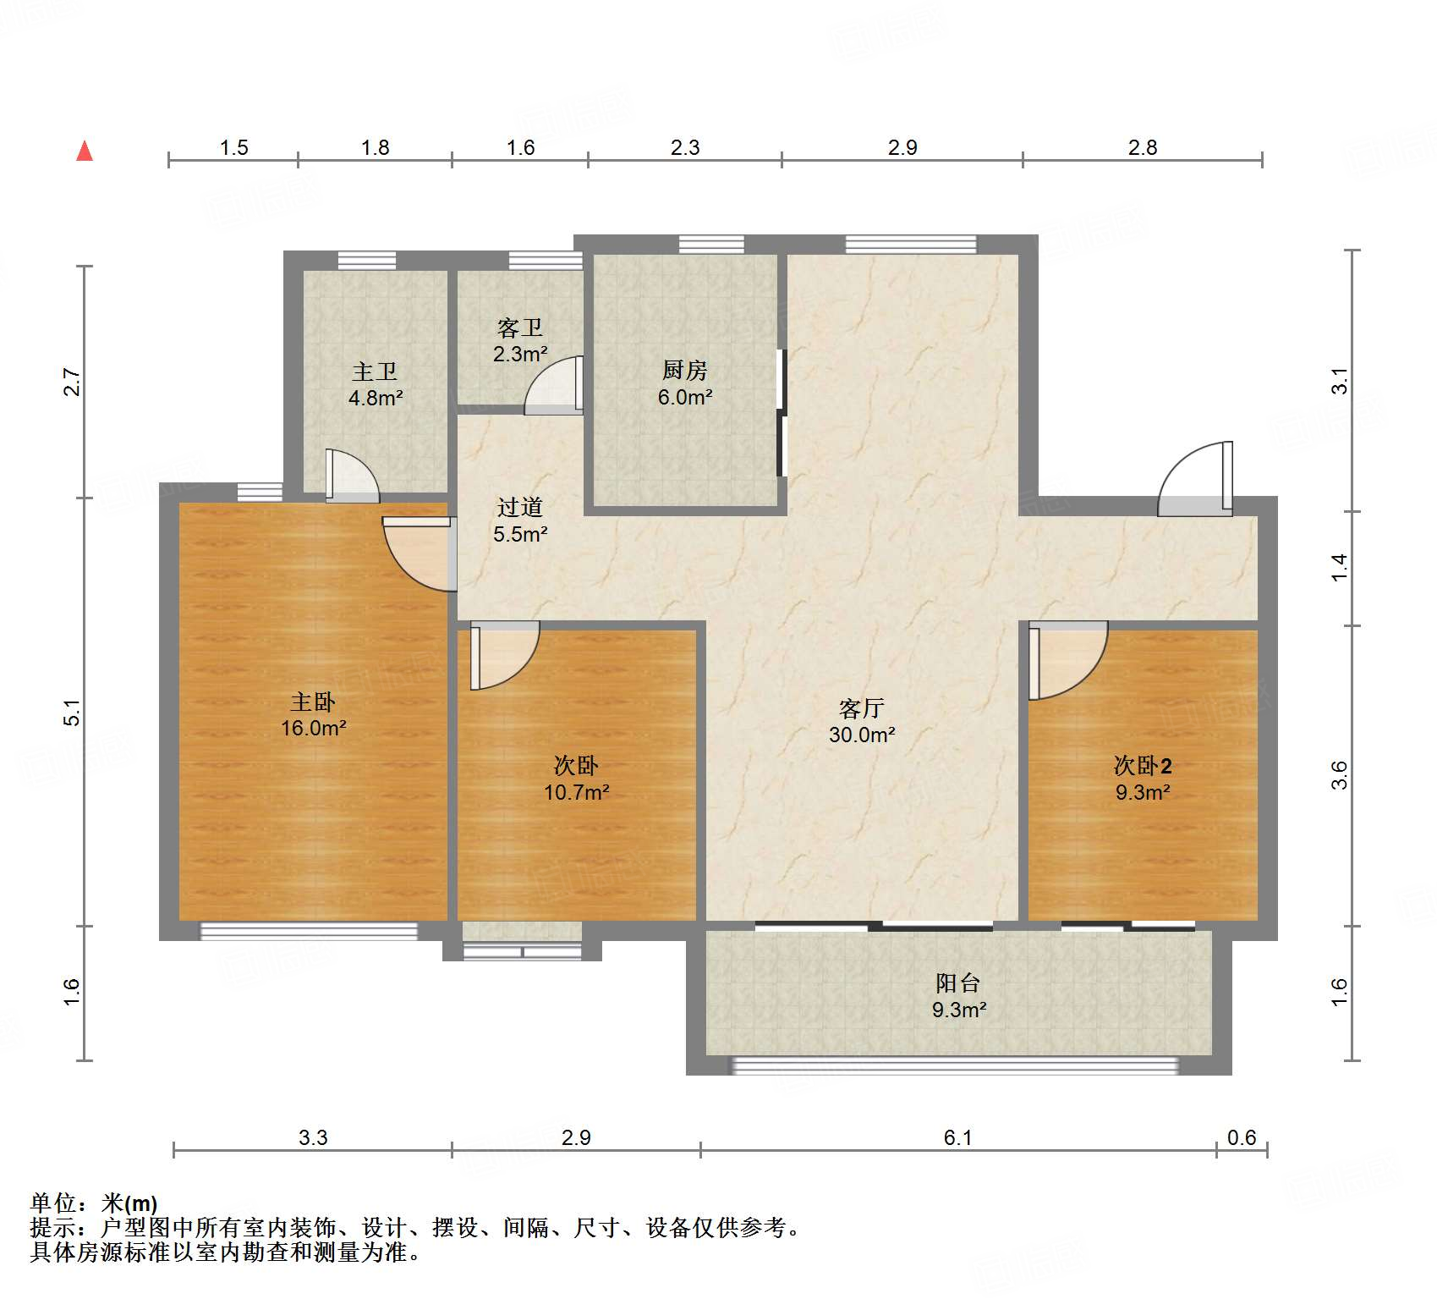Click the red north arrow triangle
pos(85,151)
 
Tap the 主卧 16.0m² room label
pos(313,715)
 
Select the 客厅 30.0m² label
pos(862,721)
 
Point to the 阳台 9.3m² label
pos(959,996)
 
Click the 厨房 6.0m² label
pos(685,383)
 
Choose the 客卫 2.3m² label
pos(520,340)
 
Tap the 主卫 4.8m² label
pos(375,384)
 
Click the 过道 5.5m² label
pos(520,520)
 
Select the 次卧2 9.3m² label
pos(1143,779)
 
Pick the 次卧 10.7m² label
pos(576,779)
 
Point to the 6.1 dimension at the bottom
pos(957,1137)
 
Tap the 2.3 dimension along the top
pos(685,147)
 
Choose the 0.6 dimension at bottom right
pos(1242,1137)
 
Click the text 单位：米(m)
pos(94,1203)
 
